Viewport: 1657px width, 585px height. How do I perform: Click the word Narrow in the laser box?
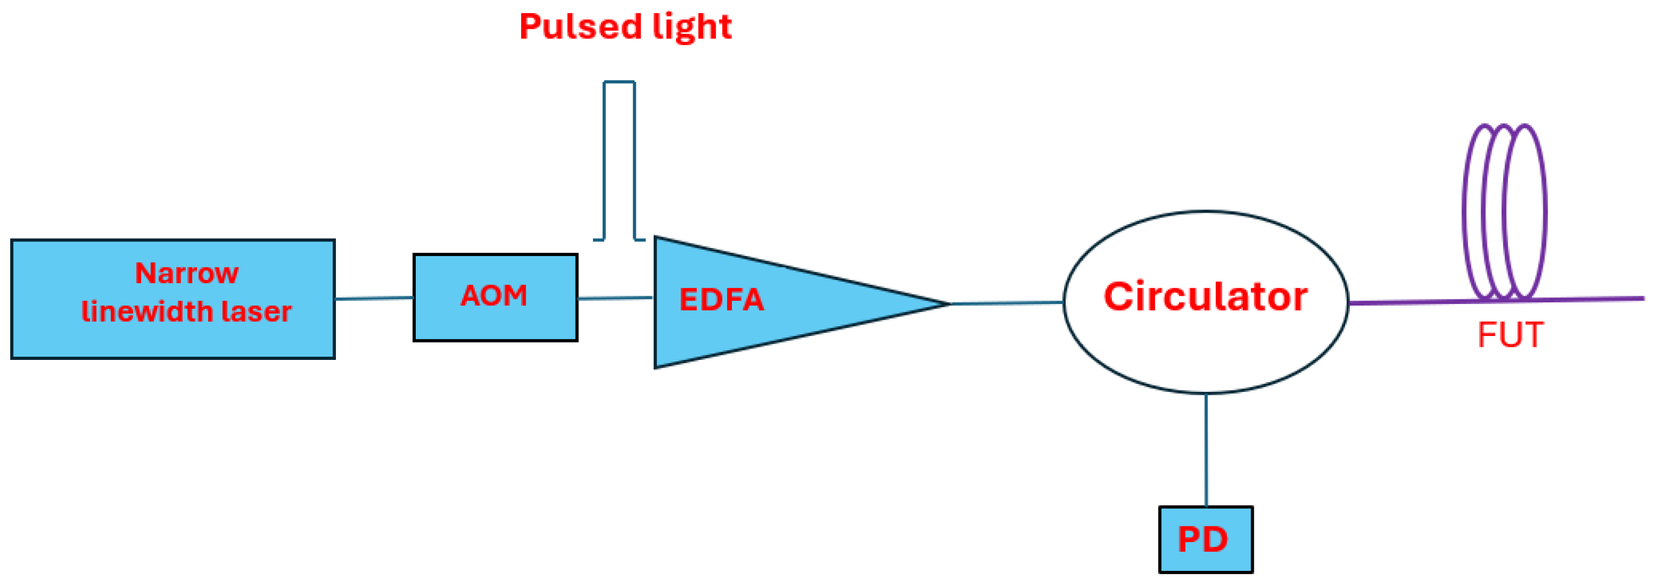coord(186,273)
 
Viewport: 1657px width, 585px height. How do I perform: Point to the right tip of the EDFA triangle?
coord(948,304)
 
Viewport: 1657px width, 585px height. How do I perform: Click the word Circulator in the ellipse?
coord(1205,297)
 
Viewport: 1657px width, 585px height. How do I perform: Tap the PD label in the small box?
coord(1202,539)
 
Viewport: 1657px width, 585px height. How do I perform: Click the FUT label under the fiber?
coord(1510,335)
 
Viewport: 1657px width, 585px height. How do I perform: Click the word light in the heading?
coord(691,27)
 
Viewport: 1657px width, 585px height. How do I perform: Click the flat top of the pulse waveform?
coord(619,82)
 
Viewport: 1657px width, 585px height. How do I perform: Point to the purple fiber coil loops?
coord(1504,213)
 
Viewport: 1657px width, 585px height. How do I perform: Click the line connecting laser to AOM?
coord(373,298)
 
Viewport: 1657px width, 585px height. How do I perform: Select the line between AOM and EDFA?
coord(614,298)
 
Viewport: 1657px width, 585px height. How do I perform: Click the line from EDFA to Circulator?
coord(1006,303)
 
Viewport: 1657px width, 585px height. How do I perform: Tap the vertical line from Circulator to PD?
coord(1205,451)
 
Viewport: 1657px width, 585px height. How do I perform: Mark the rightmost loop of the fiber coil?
coord(1544,213)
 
